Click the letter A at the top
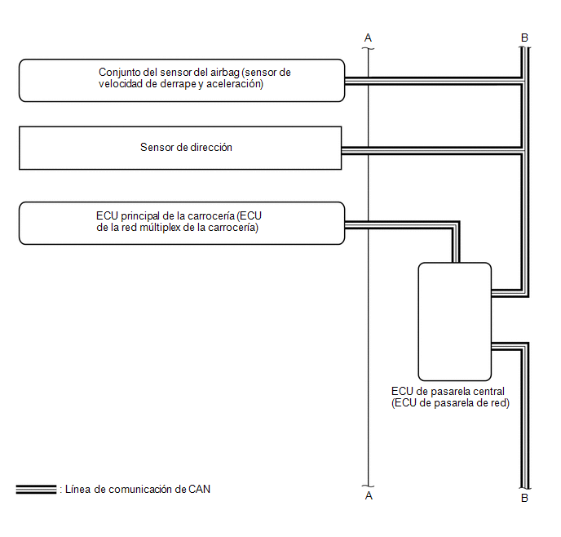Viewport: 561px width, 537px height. (368, 38)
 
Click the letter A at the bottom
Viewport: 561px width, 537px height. (369, 496)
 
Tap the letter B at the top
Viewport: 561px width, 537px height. (524, 38)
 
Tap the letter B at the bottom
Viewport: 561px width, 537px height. (524, 498)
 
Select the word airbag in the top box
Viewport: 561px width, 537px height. (225, 73)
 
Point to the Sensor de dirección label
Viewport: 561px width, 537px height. (186, 147)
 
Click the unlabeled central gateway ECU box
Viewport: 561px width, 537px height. (455, 322)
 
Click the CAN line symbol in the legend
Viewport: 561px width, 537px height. (36, 490)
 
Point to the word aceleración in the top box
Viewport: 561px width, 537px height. (235, 84)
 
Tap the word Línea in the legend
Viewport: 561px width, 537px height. (77, 489)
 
